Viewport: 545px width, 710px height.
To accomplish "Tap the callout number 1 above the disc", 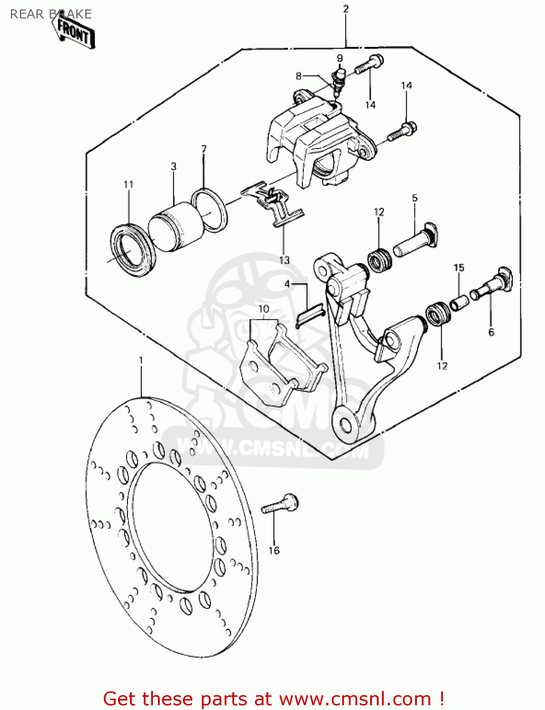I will (x=141, y=360).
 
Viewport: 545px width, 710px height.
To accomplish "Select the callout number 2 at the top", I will (x=346, y=9).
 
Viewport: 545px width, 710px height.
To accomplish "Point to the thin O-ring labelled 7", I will (x=209, y=210).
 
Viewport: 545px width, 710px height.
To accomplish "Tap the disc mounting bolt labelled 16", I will (x=280, y=505).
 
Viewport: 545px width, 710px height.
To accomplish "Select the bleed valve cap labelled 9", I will (x=339, y=73).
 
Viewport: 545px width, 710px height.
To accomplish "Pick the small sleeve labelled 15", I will (x=459, y=302).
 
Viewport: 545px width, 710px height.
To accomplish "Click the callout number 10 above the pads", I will (x=263, y=309).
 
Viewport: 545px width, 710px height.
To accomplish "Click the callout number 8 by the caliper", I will (x=299, y=76).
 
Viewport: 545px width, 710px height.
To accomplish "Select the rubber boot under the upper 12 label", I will (x=380, y=260).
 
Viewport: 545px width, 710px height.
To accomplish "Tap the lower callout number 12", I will (x=442, y=366).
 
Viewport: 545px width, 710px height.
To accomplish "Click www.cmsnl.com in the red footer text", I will (x=355, y=699).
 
